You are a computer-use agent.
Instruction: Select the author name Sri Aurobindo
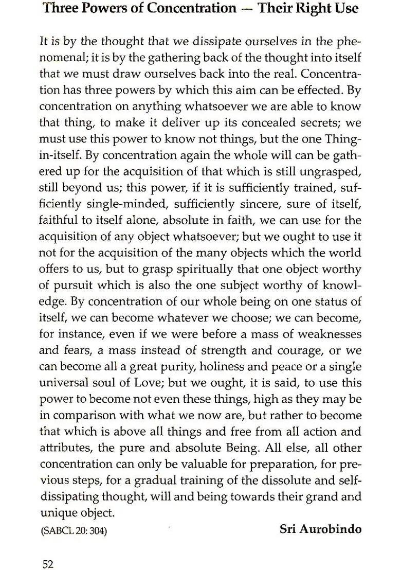320,529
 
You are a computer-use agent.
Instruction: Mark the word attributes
66,448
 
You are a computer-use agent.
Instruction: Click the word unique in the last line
58,513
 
